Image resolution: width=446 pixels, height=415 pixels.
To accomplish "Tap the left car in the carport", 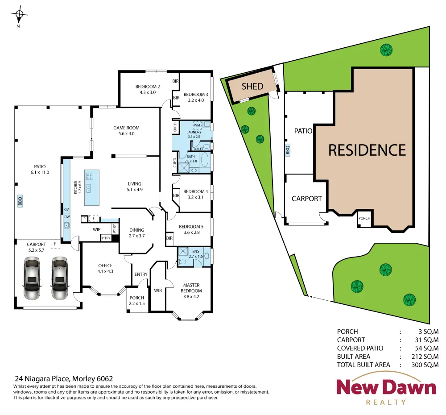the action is click(32, 278).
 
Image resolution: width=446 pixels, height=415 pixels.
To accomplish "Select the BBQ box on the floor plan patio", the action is click(20, 201).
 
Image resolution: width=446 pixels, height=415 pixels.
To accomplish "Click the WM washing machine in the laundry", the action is click(197, 125).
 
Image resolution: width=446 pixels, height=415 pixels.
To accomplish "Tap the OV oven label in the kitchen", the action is click(66, 209).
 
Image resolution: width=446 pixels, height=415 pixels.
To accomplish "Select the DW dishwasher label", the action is click(67, 217).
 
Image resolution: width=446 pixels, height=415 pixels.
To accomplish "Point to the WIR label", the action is click(158, 290).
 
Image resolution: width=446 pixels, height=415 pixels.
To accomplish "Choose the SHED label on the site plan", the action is click(252, 86).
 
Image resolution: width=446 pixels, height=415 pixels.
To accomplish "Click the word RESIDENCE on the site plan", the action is click(367, 150).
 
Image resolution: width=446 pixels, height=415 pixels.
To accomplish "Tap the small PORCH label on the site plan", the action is click(364, 218).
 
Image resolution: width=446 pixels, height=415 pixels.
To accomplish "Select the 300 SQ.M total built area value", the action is click(425, 365).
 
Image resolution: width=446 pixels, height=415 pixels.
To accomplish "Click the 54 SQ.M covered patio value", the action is click(427, 348).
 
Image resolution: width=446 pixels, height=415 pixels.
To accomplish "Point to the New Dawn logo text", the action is click(386, 387).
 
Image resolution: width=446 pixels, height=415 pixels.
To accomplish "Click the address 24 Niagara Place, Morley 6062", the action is click(64, 378).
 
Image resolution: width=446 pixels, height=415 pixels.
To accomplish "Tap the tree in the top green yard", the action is click(386, 50).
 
